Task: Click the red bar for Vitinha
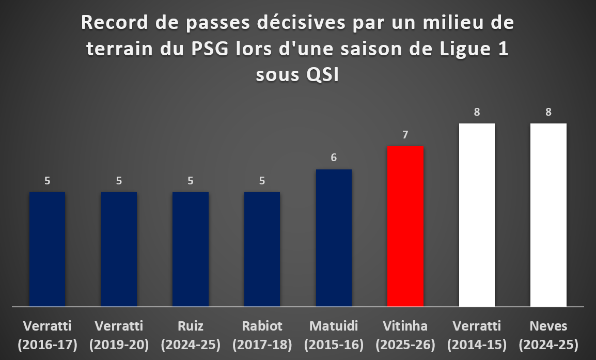[x=405, y=226]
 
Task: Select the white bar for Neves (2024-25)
[x=548, y=215]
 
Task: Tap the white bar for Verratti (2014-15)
[x=477, y=215]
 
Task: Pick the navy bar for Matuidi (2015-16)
[x=334, y=238]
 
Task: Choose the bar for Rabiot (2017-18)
[x=262, y=249]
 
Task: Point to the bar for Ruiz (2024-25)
[x=191, y=249]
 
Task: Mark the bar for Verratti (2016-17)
[x=47, y=249]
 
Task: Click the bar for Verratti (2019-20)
[x=119, y=249]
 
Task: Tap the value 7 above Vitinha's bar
[x=405, y=135]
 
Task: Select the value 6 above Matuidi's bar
[x=334, y=158]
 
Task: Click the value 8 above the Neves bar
[x=548, y=112]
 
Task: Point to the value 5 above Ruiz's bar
[x=191, y=181]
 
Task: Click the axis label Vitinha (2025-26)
[x=405, y=335]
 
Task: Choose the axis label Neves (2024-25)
[x=548, y=335]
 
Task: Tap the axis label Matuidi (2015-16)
[x=334, y=335]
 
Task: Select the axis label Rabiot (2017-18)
[x=262, y=335]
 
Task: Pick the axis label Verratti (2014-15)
[x=477, y=335]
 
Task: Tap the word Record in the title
[x=115, y=23]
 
